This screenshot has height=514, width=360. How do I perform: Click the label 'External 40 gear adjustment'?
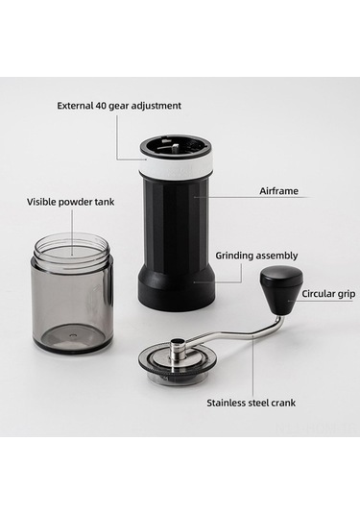click(x=119, y=106)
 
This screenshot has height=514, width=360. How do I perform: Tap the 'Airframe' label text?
click(x=278, y=191)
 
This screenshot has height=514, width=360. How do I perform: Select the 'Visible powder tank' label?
click(x=70, y=202)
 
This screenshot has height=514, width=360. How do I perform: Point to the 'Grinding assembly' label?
click(x=256, y=256)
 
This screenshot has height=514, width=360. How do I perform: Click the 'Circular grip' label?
click(x=328, y=294)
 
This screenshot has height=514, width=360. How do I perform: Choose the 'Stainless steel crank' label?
click(x=251, y=403)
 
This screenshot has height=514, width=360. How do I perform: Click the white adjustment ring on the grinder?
click(x=177, y=166)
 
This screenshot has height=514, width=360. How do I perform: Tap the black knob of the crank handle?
click(x=281, y=290)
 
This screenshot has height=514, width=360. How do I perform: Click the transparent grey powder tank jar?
click(x=73, y=291)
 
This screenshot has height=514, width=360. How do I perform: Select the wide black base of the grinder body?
click(x=177, y=290)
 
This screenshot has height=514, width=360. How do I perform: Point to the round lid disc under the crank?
click(x=178, y=363)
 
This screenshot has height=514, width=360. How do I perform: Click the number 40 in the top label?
click(x=100, y=106)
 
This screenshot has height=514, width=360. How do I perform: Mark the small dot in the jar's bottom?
click(x=73, y=335)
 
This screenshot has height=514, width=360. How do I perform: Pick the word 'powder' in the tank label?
click(x=75, y=203)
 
